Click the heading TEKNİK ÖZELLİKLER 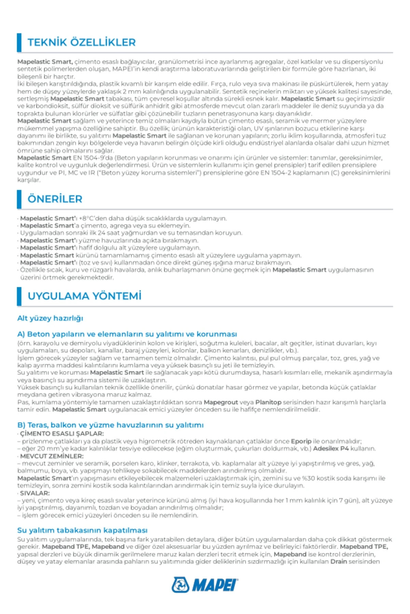[x=81, y=42]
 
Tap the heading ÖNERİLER [x=55, y=199]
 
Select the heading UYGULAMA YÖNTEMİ [x=84, y=296]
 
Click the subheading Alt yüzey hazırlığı [x=50, y=318]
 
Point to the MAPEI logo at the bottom [x=205, y=585]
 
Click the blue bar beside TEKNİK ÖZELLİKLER [x=19, y=42]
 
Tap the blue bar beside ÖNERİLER [x=19, y=199]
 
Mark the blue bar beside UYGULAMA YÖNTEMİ [x=19, y=296]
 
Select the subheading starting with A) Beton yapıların [x=127, y=334]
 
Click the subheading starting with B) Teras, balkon [x=110, y=425]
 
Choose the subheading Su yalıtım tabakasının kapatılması [x=82, y=530]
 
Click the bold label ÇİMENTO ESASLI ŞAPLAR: [x=62, y=434]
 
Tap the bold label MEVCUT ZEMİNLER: [x=52, y=456]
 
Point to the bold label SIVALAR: [x=35, y=493]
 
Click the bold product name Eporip [x=301, y=441]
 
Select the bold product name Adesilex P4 [x=331, y=449]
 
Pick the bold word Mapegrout [x=221, y=402]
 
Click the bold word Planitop [x=268, y=402]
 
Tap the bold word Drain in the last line [x=338, y=561]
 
